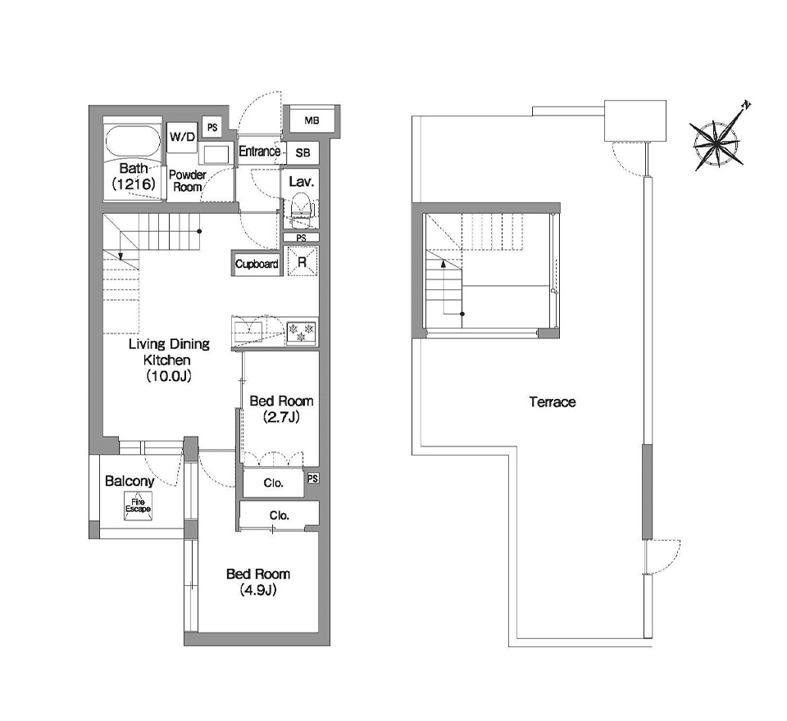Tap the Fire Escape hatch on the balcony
(x=138, y=506)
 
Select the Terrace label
(x=552, y=402)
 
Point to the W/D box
(x=182, y=137)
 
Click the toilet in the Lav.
(x=300, y=211)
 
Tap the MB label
(x=312, y=120)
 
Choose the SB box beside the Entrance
(x=303, y=152)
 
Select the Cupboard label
(x=257, y=264)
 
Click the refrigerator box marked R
(x=303, y=261)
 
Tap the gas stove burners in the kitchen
(x=301, y=333)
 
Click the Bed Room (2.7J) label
(x=281, y=409)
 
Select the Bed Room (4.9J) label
(x=258, y=582)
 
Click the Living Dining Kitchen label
(x=169, y=360)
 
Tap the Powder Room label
(x=187, y=180)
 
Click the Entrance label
(x=259, y=152)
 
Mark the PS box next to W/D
(x=212, y=128)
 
